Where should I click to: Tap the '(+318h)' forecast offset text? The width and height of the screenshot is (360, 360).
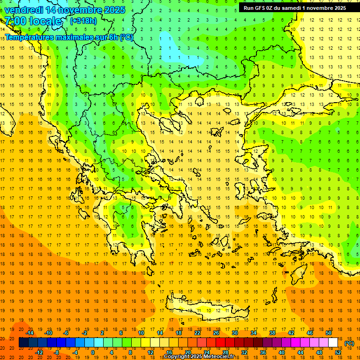point(84,21)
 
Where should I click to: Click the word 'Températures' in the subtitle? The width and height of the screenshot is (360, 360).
point(30,37)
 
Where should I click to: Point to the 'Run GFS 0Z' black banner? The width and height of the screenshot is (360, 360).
point(295,7)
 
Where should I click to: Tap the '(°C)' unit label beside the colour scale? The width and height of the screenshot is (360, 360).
point(349,343)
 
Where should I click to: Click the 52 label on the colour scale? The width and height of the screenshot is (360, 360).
point(338,352)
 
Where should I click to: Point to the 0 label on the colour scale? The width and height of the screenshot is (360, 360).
point(93,352)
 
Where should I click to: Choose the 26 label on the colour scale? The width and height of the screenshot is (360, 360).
point(216,333)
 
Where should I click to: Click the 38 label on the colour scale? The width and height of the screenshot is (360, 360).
point(272,333)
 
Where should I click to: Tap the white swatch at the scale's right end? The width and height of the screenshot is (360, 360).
point(333,343)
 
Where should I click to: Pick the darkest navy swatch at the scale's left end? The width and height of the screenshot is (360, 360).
point(23,343)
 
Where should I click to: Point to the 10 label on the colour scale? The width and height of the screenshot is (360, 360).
point(141,333)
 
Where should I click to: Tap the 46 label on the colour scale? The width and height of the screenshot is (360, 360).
point(310,333)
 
